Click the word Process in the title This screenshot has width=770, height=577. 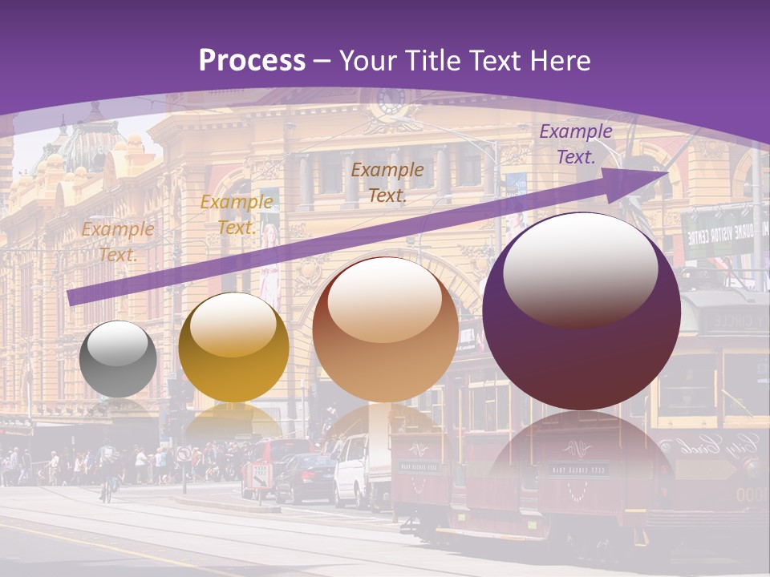[252, 60]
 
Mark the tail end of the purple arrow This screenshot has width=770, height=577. [71, 298]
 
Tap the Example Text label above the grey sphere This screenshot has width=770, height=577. [117, 242]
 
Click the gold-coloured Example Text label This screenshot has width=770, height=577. [236, 214]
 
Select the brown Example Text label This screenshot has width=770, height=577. [387, 182]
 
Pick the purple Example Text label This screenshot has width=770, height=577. [575, 144]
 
